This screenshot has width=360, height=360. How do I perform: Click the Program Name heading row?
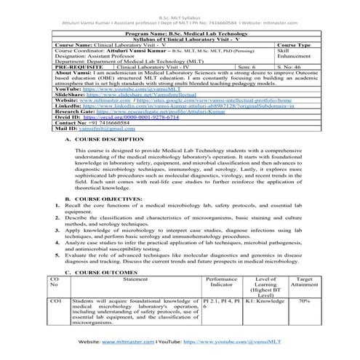pyautogui.click(x=180, y=33)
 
